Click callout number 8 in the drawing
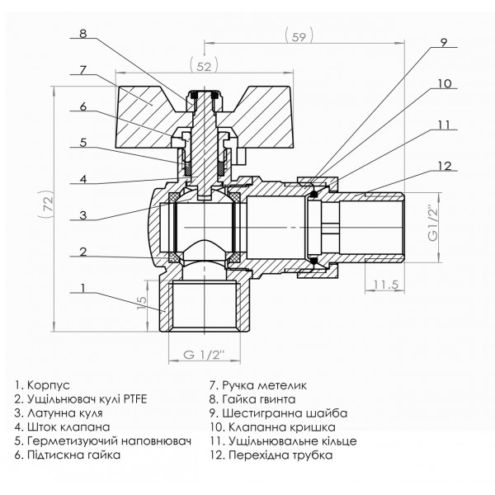(84, 34)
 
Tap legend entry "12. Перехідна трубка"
(272, 455)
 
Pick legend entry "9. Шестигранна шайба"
(277, 412)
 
